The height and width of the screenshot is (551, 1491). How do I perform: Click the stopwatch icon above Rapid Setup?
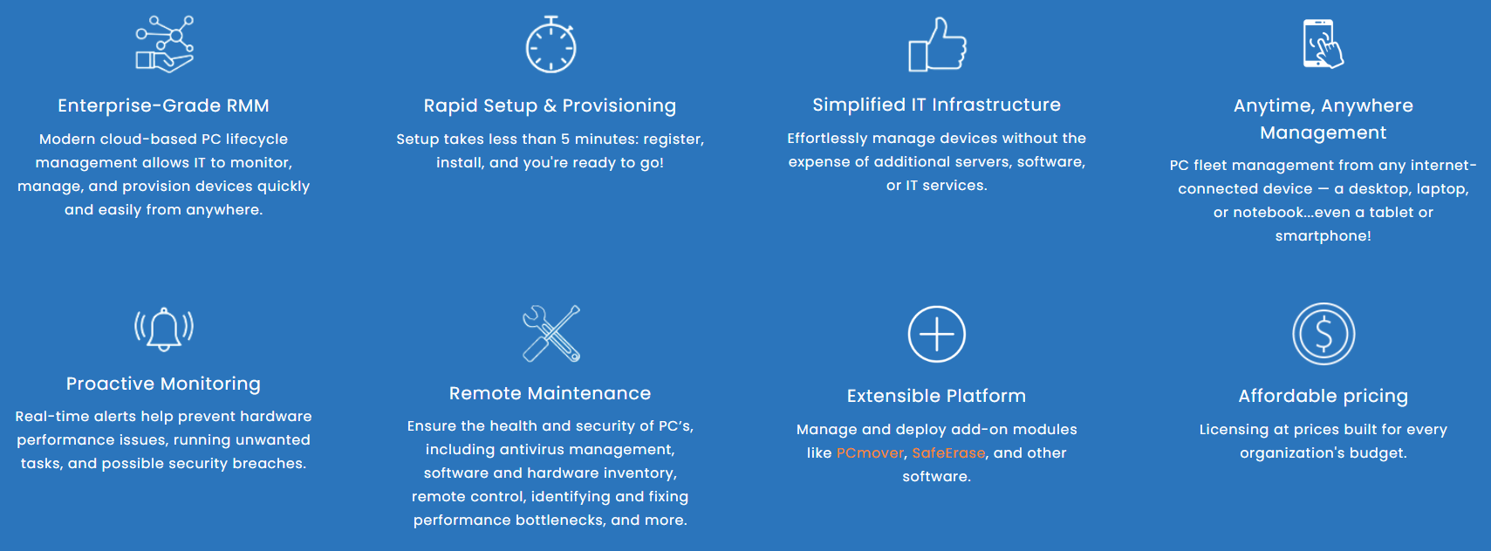click(x=551, y=44)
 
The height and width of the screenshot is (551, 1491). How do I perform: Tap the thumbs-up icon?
click(x=937, y=44)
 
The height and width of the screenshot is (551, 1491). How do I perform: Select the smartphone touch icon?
click(x=1323, y=44)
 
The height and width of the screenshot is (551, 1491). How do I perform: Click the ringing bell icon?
click(x=164, y=329)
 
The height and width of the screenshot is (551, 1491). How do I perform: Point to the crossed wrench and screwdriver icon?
click(x=551, y=333)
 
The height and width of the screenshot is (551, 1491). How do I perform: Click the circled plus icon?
click(x=936, y=334)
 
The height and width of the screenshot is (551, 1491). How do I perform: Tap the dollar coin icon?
click(x=1323, y=334)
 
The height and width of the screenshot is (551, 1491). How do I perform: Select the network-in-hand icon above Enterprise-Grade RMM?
click(x=164, y=44)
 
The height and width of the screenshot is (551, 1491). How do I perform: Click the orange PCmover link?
click(x=869, y=453)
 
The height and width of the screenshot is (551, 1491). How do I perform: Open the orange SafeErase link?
click(x=947, y=453)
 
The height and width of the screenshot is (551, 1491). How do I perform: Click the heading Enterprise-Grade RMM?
click(x=164, y=105)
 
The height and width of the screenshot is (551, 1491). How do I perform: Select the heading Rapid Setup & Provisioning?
click(x=550, y=105)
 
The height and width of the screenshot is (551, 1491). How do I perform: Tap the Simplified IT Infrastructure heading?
click(x=936, y=105)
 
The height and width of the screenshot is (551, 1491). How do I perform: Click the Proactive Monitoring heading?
click(x=164, y=384)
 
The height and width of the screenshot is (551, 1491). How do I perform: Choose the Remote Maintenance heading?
click(x=550, y=393)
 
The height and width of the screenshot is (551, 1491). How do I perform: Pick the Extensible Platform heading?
click(x=936, y=396)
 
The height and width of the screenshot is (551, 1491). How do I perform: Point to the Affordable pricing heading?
click(x=1323, y=396)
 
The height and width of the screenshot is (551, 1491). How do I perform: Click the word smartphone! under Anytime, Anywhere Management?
click(x=1323, y=235)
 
